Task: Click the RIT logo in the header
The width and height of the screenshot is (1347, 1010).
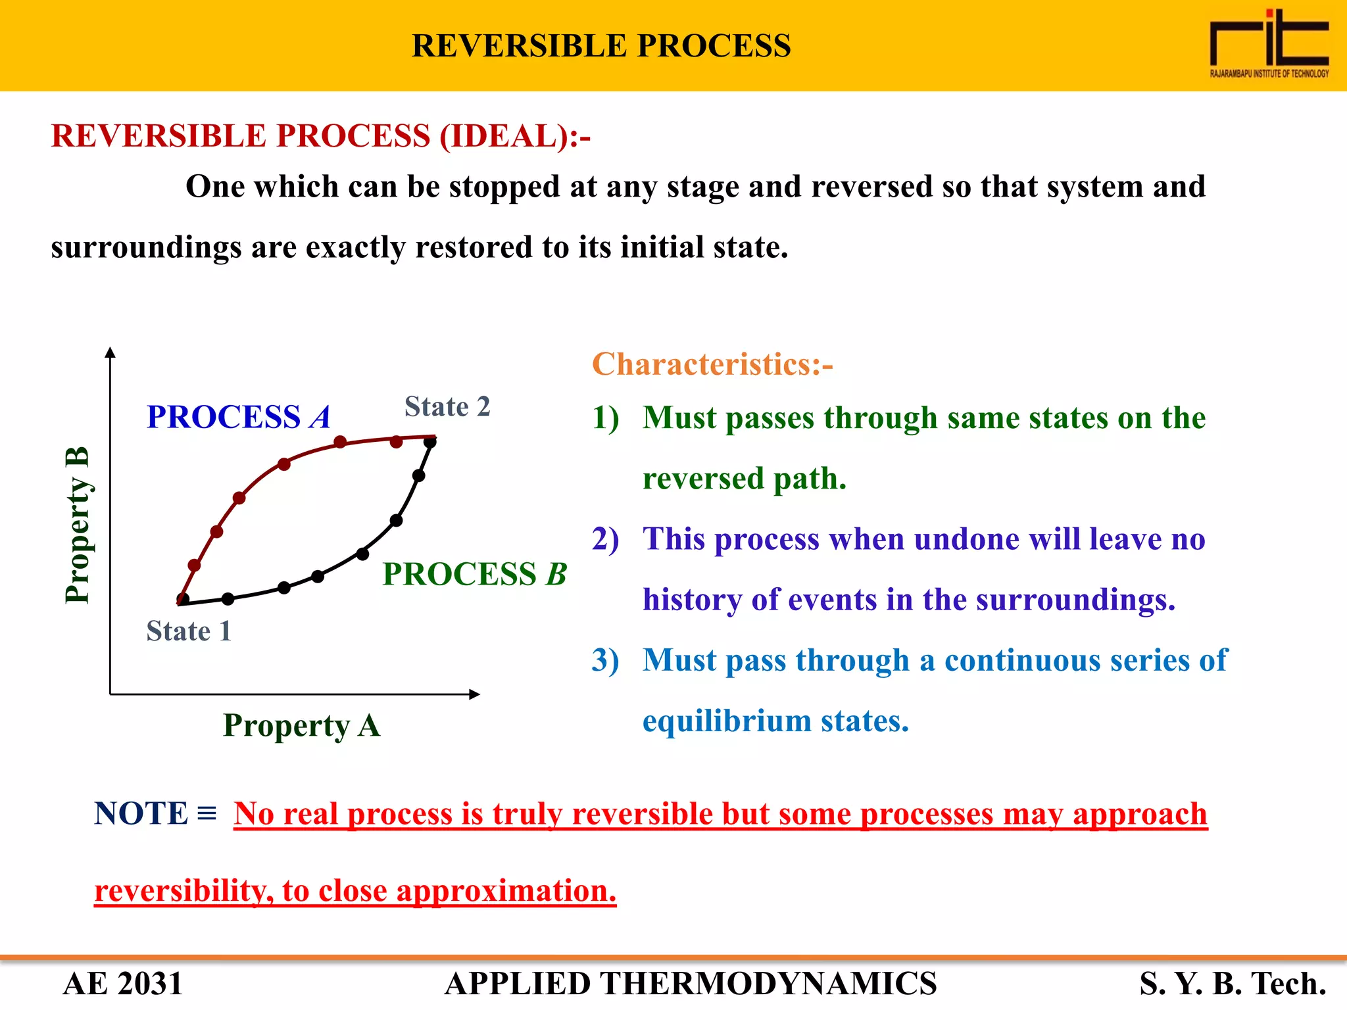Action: tap(1269, 43)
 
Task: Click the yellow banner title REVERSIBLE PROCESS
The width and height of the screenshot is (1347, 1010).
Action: tap(601, 46)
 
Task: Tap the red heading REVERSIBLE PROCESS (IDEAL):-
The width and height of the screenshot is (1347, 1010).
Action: tap(320, 136)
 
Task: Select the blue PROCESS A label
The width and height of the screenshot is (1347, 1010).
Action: tap(238, 417)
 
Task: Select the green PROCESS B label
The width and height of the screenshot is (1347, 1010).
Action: tap(474, 574)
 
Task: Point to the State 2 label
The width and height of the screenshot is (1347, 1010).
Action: tap(447, 407)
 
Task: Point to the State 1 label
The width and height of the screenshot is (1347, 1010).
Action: tap(189, 631)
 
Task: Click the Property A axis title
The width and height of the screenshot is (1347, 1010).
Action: tap(301, 725)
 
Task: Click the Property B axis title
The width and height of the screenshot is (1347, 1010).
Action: tap(77, 525)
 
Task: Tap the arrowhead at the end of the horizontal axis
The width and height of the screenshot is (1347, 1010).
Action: tap(475, 694)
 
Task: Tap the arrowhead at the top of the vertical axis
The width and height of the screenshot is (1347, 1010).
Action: tap(110, 352)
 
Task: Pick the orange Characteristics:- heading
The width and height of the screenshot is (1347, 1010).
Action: tap(712, 364)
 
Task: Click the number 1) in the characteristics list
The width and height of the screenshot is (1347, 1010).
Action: tap(605, 418)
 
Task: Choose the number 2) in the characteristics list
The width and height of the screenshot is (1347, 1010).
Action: tap(605, 539)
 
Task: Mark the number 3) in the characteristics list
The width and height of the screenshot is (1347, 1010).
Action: tap(605, 660)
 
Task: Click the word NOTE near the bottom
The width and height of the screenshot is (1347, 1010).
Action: tap(141, 813)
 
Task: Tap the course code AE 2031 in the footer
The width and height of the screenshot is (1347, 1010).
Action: tap(123, 984)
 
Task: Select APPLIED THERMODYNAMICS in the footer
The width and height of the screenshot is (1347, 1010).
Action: tap(691, 984)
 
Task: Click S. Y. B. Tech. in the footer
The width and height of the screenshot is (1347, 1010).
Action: tap(1233, 984)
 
